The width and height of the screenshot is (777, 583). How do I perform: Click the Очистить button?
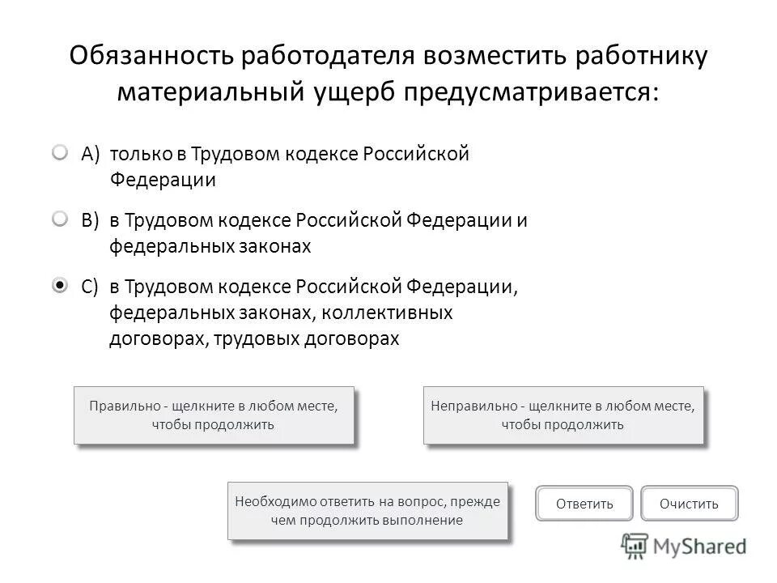(689, 504)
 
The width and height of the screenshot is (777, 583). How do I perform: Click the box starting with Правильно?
(214, 415)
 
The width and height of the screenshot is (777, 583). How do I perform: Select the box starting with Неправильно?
(563, 415)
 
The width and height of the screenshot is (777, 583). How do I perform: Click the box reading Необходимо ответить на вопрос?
(367, 511)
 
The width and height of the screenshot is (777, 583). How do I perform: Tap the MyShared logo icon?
(635, 547)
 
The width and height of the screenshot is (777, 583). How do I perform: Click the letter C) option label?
(90, 287)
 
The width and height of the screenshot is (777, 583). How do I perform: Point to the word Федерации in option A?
(163, 180)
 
